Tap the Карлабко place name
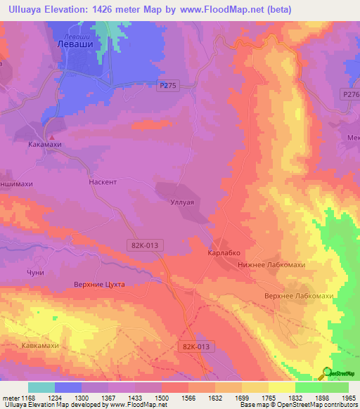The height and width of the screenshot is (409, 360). [x=224, y=252]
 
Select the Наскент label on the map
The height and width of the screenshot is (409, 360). [x=103, y=181]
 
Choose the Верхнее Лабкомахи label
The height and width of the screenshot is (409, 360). [x=299, y=296]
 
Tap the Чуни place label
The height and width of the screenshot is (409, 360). [x=35, y=273]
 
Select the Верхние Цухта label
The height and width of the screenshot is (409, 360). [x=99, y=284]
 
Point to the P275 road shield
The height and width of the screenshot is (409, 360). [x=167, y=84]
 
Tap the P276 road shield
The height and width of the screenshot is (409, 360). [x=351, y=93]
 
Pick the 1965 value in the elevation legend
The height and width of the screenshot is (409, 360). [x=347, y=398]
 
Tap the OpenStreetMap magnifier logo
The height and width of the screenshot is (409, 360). [x=327, y=373]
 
